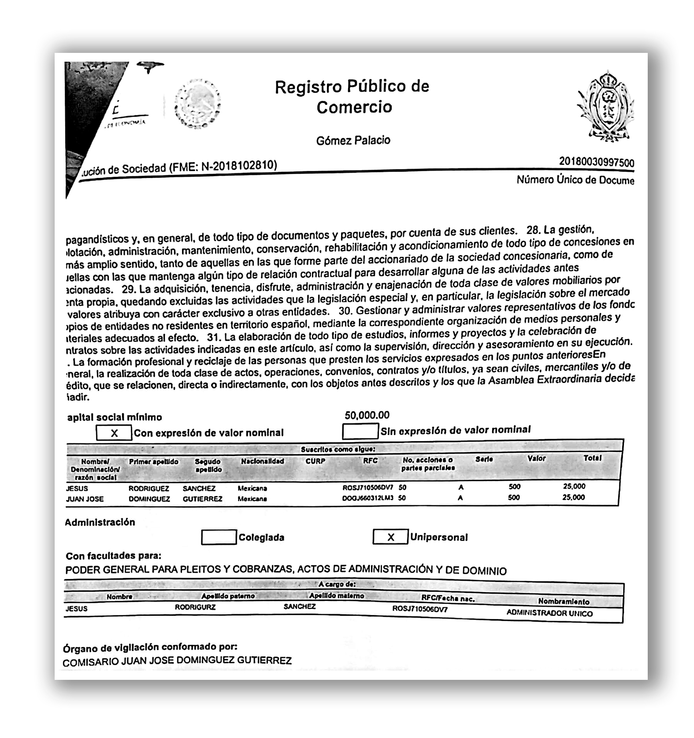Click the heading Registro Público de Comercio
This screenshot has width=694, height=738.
point(352,96)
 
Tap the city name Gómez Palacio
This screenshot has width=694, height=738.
point(353,141)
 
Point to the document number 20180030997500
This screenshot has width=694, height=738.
point(596,162)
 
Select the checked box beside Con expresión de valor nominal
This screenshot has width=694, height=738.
point(114,433)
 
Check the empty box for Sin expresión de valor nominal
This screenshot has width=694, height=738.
point(360,431)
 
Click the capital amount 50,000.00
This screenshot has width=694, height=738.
point(367,415)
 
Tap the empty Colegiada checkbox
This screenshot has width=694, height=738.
point(219,537)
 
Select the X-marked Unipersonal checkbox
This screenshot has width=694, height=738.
point(390,537)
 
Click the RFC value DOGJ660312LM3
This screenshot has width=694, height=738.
point(367,498)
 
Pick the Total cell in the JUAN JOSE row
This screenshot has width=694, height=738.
point(574,497)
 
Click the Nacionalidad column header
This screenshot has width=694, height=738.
point(262,461)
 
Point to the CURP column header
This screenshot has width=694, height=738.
point(315,461)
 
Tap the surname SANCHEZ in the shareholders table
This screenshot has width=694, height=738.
point(199,489)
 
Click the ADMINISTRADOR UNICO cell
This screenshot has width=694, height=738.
point(549,613)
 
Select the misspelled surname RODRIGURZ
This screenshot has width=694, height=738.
point(195,607)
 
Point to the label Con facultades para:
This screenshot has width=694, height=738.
point(113,556)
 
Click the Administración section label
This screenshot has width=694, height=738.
point(100,522)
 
